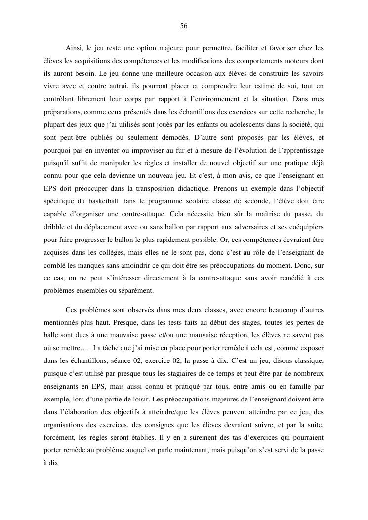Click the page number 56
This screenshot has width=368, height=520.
click(184, 26)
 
